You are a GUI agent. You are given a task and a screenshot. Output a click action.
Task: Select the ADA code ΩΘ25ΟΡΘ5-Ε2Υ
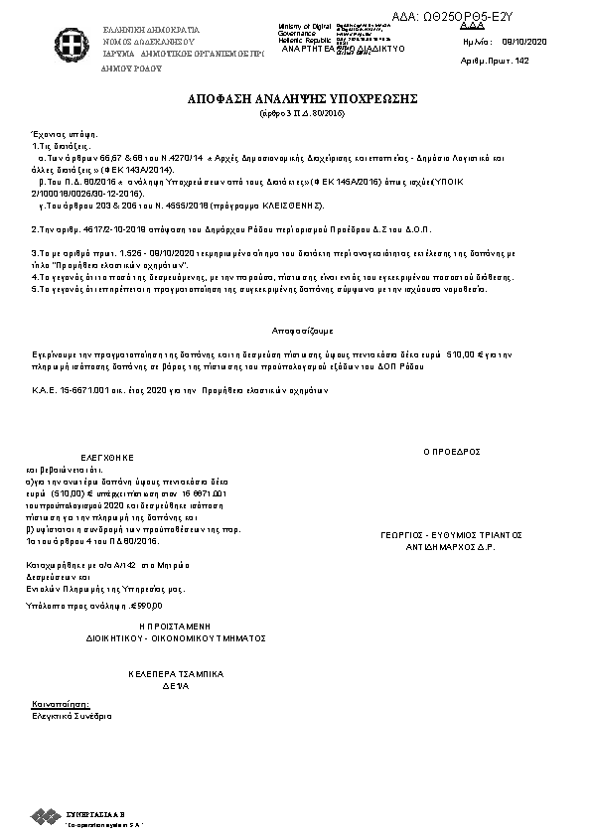pos(517,17)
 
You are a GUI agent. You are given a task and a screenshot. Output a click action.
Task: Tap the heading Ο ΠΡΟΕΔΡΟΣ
pos(452,451)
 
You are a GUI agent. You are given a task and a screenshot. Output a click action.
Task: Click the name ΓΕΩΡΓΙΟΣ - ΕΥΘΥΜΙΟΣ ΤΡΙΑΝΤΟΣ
pos(452,534)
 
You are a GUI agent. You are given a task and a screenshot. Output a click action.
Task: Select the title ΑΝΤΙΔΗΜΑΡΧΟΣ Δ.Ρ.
pos(452,546)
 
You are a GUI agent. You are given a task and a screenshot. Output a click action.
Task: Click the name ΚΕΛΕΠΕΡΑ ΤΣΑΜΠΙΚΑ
pos(176,673)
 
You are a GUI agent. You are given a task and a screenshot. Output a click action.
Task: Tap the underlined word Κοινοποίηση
pos(55,704)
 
